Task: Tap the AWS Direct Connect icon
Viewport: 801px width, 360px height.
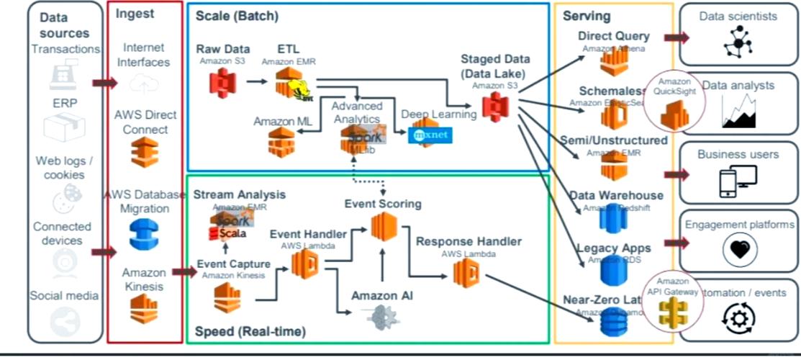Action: pos(144,152)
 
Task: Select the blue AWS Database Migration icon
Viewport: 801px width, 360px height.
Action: pos(144,234)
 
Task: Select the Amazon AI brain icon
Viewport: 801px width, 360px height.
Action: pos(382,318)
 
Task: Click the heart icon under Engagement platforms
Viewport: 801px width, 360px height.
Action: pos(739,249)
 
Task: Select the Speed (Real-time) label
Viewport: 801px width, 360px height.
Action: pos(250,331)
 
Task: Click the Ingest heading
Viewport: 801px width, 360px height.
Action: pos(135,14)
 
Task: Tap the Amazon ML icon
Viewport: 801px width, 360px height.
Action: pos(281,142)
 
